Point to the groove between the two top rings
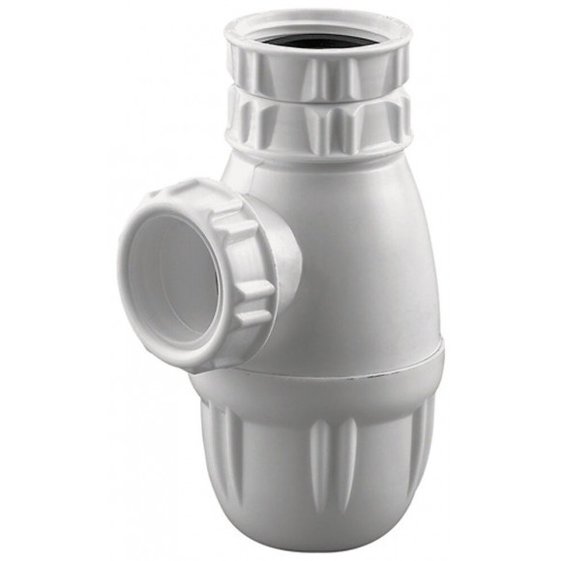[x=319, y=99]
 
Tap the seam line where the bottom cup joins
[x=339, y=370]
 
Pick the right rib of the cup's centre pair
[x=348, y=455]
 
